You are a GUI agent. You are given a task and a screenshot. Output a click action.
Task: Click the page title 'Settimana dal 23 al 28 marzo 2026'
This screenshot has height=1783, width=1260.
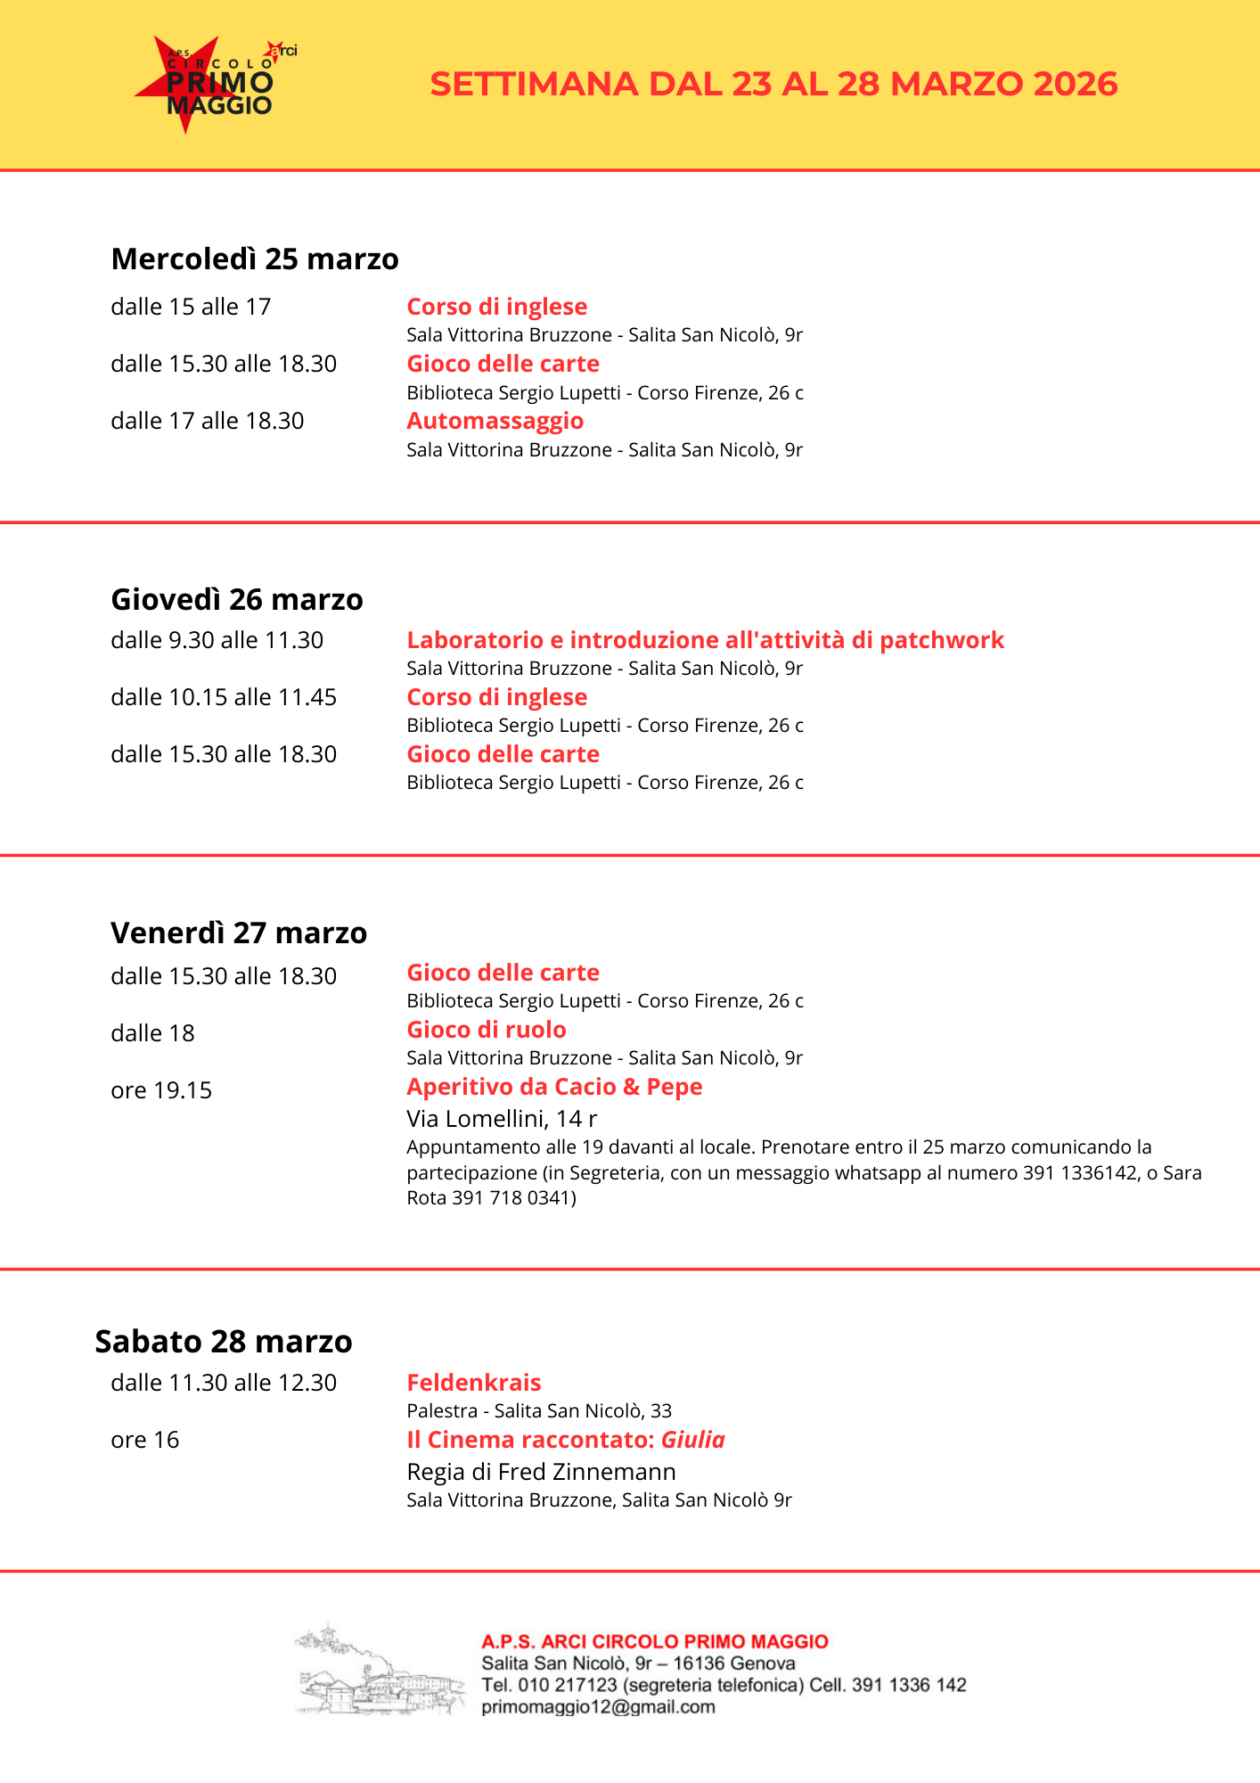tap(773, 84)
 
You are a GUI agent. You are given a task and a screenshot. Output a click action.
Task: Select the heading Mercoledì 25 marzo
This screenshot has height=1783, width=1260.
tap(255, 259)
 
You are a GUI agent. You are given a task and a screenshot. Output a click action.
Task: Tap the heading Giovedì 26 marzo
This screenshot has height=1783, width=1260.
tap(237, 599)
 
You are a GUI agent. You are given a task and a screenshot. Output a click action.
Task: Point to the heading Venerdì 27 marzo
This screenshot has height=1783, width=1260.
tap(239, 933)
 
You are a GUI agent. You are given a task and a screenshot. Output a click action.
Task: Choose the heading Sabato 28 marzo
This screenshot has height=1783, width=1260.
tap(224, 1341)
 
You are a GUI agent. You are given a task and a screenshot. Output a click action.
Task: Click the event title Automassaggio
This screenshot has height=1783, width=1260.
tap(495, 421)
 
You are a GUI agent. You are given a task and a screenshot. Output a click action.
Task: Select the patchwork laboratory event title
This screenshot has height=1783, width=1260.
tap(705, 640)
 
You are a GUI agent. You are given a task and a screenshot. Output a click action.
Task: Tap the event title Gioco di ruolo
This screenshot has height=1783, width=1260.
tap(487, 1030)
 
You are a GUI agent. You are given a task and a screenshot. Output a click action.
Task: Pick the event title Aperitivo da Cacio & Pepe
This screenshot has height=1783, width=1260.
tap(554, 1087)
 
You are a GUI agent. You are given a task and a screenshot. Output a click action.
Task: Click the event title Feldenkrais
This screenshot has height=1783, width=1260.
tap(474, 1383)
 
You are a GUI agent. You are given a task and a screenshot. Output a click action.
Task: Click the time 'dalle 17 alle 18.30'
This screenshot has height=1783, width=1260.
tap(208, 421)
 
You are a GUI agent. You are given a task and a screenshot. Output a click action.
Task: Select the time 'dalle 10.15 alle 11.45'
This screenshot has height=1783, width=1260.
tap(224, 697)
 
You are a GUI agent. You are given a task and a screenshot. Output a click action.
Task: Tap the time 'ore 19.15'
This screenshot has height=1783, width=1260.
tap(161, 1090)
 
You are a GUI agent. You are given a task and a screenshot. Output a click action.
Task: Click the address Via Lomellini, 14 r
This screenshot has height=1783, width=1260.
tap(502, 1118)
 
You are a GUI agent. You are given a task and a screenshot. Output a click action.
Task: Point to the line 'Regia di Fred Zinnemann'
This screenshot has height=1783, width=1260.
tap(541, 1471)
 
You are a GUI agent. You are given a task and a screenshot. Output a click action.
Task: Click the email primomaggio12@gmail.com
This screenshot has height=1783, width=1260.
tap(598, 1706)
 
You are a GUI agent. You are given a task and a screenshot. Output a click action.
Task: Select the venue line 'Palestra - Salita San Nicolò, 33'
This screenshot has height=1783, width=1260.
tap(539, 1410)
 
